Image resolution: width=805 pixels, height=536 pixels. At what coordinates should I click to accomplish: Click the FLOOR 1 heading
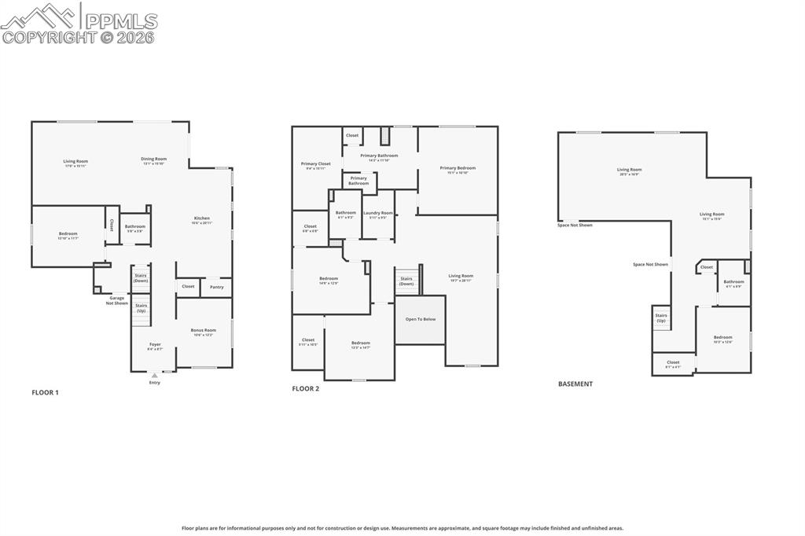45,391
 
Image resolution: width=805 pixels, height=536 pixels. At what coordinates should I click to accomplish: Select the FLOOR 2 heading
305,388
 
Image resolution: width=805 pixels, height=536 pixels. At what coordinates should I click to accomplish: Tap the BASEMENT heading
575,384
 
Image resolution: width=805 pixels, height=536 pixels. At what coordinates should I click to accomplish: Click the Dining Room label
154,159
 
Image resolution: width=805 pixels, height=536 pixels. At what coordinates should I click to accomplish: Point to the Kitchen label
202,218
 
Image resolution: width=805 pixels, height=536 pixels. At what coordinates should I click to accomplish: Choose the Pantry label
216,287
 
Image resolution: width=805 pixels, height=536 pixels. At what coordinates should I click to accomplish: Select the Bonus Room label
204,330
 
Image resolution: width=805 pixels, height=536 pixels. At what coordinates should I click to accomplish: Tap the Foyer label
156,344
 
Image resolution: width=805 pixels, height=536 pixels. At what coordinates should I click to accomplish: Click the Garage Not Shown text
117,300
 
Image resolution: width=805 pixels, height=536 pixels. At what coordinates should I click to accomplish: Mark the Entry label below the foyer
155,383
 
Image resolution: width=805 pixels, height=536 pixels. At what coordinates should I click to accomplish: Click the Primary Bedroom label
458,168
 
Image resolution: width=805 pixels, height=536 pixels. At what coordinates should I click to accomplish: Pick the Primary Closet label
315,164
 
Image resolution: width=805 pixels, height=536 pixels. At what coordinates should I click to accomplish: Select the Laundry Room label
377,213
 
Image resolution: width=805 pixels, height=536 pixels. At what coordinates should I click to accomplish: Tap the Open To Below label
421,319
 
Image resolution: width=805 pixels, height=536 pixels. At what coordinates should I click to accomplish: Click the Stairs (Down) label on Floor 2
406,281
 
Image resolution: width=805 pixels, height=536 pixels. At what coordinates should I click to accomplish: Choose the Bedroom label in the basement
722,337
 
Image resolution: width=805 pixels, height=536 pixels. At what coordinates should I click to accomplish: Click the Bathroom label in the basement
733,282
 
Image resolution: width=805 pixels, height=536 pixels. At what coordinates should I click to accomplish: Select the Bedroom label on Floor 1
68,233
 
